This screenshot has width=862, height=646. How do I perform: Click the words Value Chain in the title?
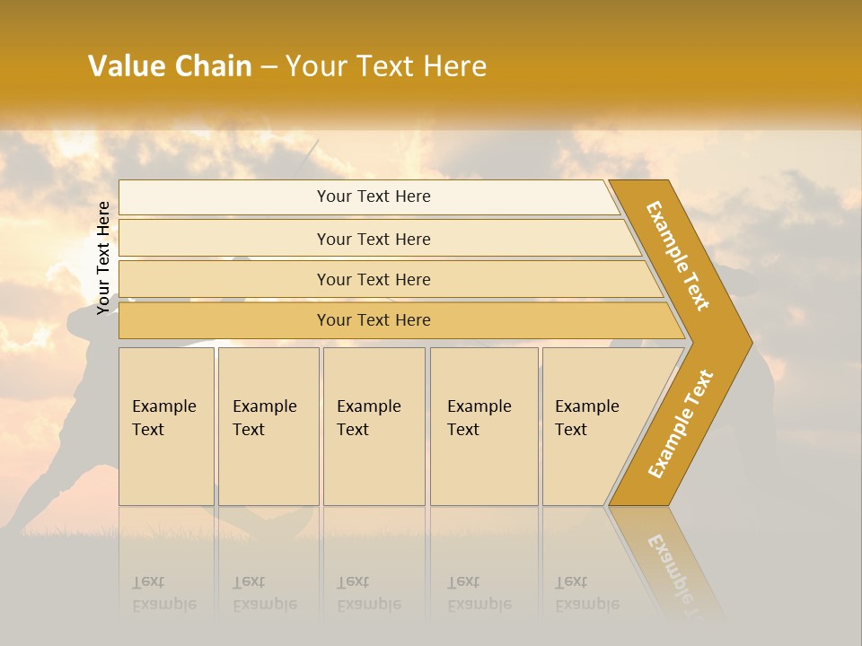pyautogui.click(x=170, y=66)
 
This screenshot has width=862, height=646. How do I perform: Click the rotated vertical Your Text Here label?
pyautogui.click(x=103, y=258)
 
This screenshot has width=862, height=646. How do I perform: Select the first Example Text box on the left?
pyautogui.click(x=166, y=426)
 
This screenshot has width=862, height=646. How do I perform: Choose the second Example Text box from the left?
pyautogui.click(x=268, y=426)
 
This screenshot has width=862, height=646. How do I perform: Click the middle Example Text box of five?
pyautogui.click(x=374, y=426)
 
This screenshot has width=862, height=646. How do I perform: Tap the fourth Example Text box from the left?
pyautogui.click(x=484, y=426)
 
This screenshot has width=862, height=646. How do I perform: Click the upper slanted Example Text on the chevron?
pyautogui.click(x=678, y=256)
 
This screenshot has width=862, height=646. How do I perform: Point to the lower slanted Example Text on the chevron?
pyautogui.click(x=681, y=424)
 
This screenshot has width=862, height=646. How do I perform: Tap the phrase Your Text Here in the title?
pyautogui.click(x=386, y=66)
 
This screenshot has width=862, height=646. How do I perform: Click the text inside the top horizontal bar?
pyautogui.click(x=374, y=196)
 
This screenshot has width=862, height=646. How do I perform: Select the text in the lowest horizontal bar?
pyautogui.click(x=374, y=320)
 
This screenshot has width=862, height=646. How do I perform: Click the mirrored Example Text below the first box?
pyautogui.click(x=164, y=593)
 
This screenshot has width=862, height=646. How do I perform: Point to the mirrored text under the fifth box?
pyautogui.click(x=587, y=593)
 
